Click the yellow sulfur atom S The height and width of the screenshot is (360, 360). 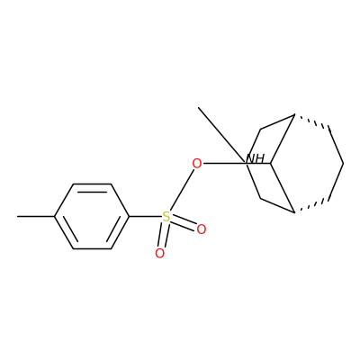(x=166, y=216)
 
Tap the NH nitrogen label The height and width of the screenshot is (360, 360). (x=256, y=158)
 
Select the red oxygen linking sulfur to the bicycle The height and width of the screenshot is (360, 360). (x=197, y=164)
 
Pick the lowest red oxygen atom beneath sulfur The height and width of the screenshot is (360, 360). (x=160, y=254)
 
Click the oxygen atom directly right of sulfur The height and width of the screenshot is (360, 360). (x=202, y=229)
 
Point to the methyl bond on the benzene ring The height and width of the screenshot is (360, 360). (x=36, y=216)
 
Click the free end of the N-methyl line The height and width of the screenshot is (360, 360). (x=199, y=107)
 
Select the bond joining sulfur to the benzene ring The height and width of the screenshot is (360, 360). (x=146, y=216)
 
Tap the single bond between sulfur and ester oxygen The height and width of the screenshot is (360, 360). (x=181, y=190)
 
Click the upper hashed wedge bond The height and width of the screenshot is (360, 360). (x=312, y=121)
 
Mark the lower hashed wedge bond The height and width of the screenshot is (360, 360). (x=312, y=206)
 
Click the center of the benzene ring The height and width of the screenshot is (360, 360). (x=92, y=216)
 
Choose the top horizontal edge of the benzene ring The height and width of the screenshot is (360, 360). (x=92, y=184)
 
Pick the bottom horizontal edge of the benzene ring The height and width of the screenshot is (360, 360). (x=92, y=248)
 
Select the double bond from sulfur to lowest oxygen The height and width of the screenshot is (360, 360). (x=163, y=235)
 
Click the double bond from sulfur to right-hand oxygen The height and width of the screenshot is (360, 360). (x=184, y=223)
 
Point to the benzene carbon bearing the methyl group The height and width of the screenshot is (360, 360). (x=55, y=216)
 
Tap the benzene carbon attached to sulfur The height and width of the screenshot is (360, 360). (x=130, y=216)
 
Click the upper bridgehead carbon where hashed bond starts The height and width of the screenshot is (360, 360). (x=294, y=114)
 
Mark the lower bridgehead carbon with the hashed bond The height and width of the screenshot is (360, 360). (x=294, y=212)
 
